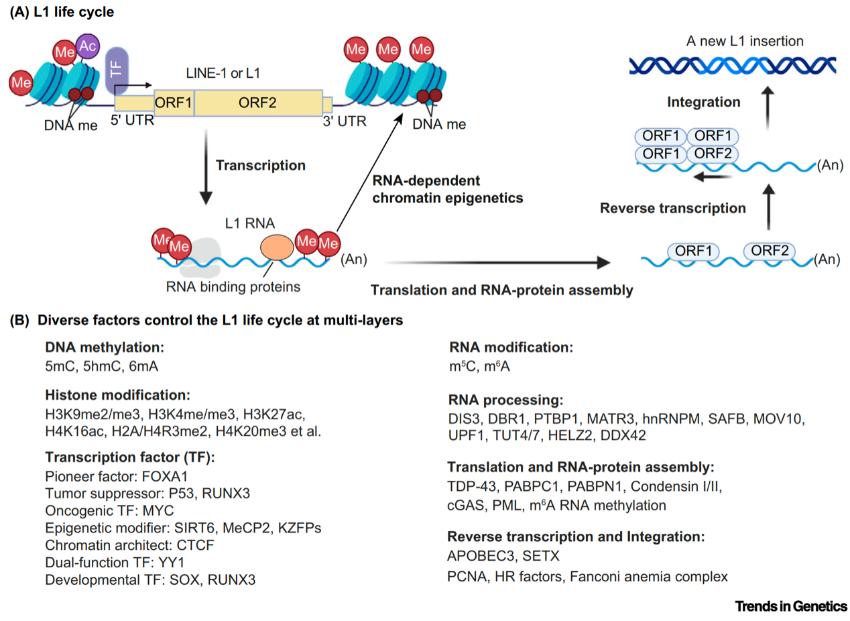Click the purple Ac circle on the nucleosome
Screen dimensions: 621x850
coord(88,46)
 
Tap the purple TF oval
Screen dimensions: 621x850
coord(116,70)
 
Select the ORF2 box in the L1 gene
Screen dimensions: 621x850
coord(257,104)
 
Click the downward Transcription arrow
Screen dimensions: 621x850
coord(206,168)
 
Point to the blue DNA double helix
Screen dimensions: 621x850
coord(731,64)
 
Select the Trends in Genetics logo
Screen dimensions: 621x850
coord(791,606)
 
